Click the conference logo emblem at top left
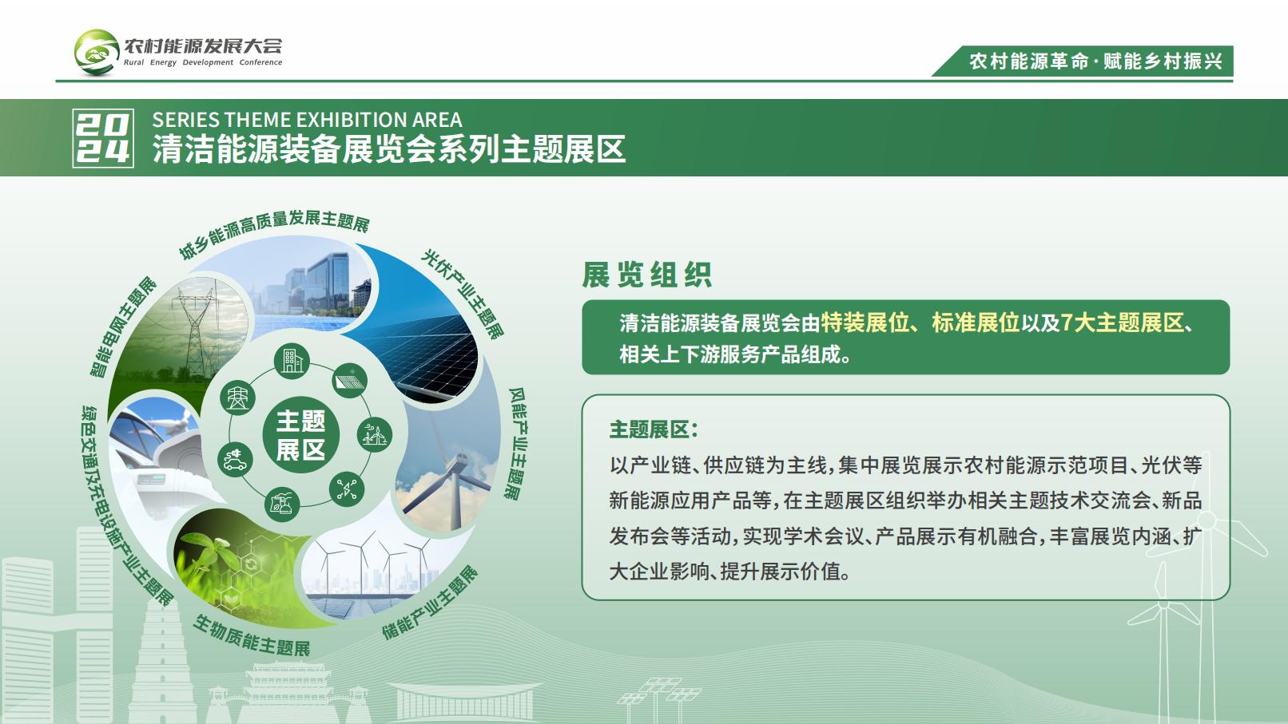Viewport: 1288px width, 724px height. point(97,53)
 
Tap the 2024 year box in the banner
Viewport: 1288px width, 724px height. point(103,138)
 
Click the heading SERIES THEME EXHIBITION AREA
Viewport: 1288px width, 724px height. point(307,120)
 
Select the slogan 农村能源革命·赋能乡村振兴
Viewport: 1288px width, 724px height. point(1095,61)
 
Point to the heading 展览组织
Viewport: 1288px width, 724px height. point(647,275)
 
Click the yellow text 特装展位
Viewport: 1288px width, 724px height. point(865,322)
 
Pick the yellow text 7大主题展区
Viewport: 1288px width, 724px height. point(1122,322)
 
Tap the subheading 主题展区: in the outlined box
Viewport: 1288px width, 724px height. point(654,429)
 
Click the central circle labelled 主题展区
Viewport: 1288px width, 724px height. point(300,435)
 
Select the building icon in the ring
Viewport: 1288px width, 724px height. point(292,361)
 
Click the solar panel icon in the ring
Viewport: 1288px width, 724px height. point(350,380)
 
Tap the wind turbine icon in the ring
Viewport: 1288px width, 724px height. point(374,434)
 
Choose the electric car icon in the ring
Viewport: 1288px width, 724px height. point(236,460)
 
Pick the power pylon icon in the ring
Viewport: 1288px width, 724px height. point(237,397)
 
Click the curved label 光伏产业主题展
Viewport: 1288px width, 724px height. point(463,294)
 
